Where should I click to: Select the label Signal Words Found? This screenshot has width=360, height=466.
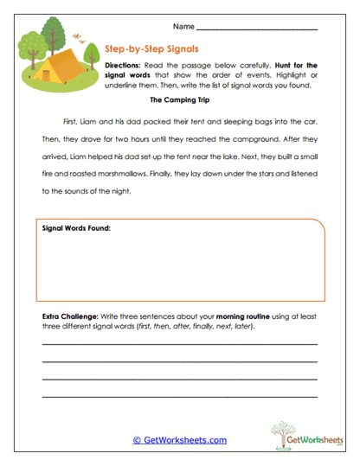pyautogui.click(x=76, y=228)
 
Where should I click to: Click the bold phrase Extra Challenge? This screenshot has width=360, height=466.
pyautogui.click(x=73, y=317)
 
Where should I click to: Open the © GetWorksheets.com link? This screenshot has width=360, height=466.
pyautogui.click(x=179, y=440)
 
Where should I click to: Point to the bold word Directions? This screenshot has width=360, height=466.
pyautogui.click(x=122, y=66)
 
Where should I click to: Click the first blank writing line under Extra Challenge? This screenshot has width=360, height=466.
pyautogui.click(x=179, y=344)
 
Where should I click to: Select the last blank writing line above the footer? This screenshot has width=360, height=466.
pyautogui.click(x=179, y=396)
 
